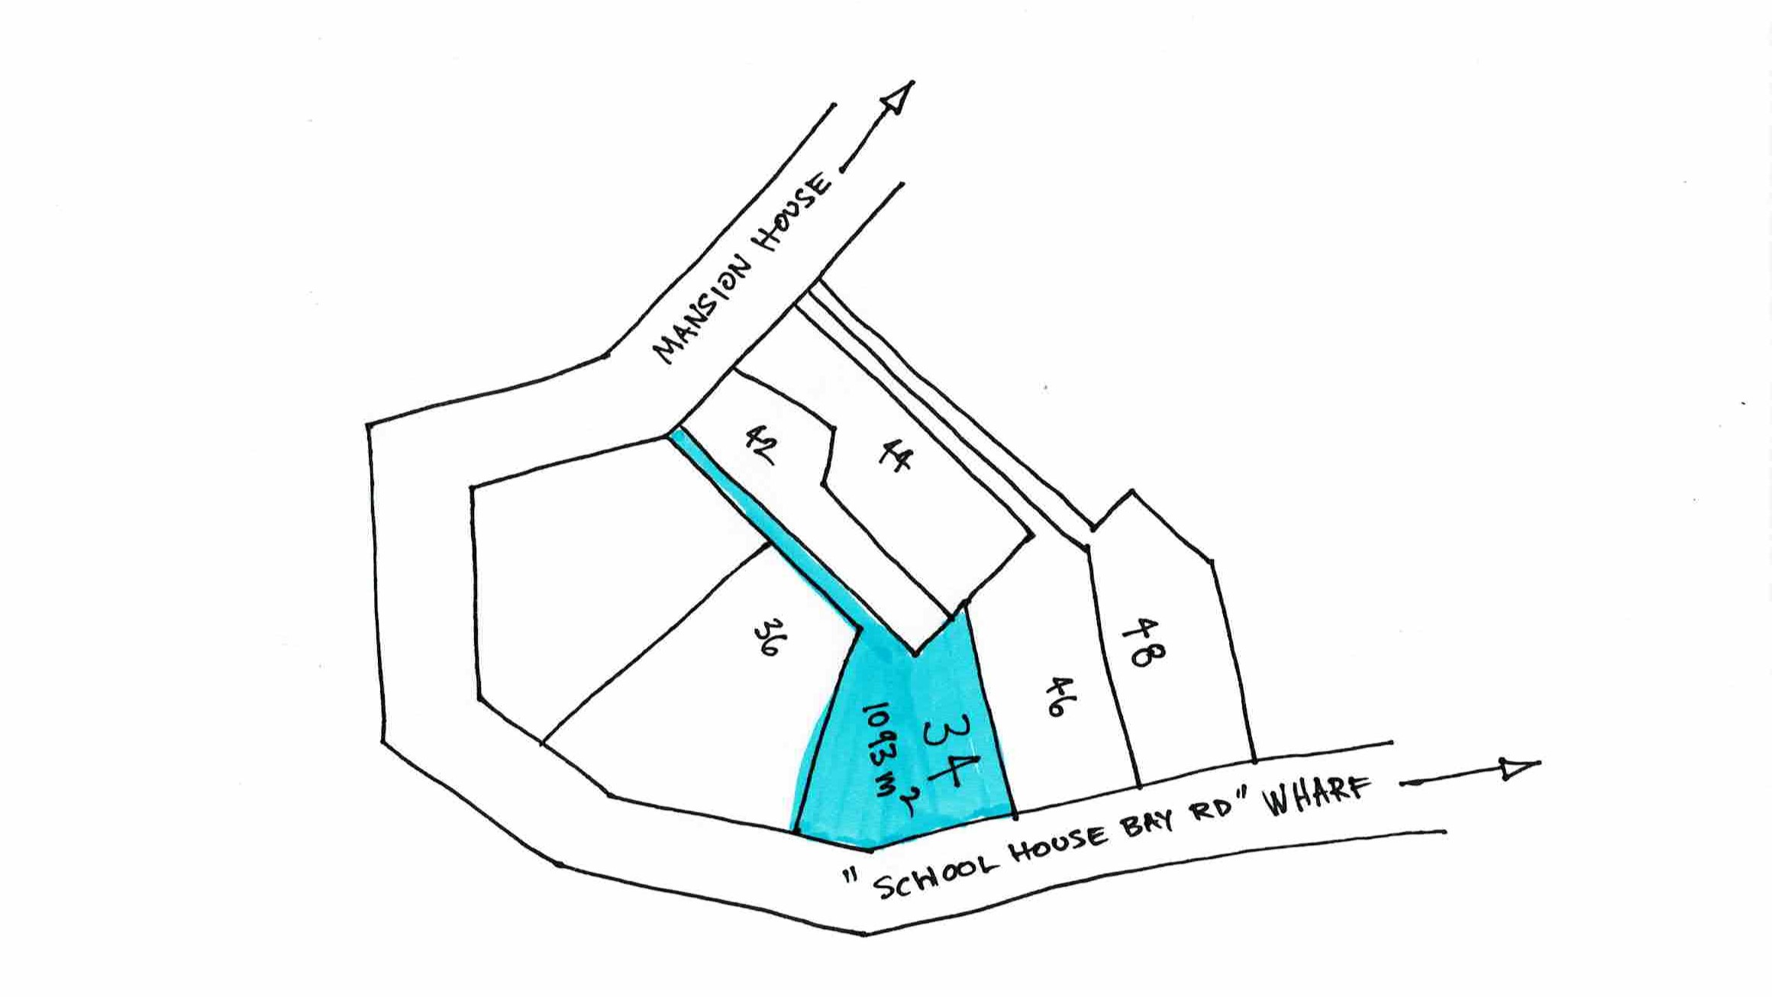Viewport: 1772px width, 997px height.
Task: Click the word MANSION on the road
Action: tap(702, 309)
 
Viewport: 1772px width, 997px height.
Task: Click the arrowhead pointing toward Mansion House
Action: tap(897, 98)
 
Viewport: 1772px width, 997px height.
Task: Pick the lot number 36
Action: tap(769, 637)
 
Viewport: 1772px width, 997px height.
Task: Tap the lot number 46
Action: tap(1056, 696)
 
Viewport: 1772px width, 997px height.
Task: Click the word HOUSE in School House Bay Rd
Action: tap(1057, 846)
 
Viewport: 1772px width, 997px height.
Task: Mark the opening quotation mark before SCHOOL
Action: tap(849, 876)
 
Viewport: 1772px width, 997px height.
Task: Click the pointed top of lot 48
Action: tap(1131, 492)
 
